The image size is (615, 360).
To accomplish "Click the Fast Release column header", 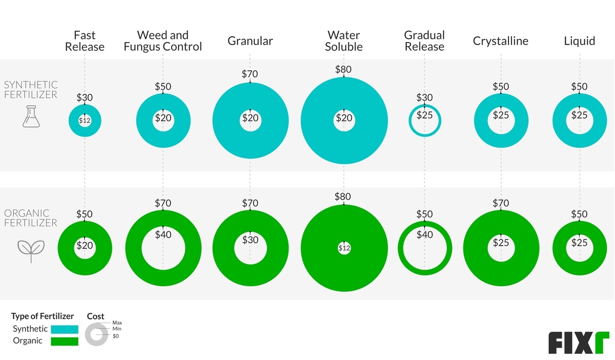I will (x=85, y=41).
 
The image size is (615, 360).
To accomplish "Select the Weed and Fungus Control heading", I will (x=163, y=41).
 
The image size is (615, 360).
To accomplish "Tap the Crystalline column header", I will (x=501, y=41).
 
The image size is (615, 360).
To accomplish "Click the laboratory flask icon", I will (x=31, y=117).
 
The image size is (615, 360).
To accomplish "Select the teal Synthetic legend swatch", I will (x=65, y=329).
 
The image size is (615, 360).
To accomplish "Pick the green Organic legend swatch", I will (x=65, y=341).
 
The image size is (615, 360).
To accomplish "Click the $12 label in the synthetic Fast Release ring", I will (x=85, y=121).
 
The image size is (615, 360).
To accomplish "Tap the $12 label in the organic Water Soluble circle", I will (x=344, y=249).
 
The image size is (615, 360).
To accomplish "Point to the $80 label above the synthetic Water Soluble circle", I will (x=343, y=70).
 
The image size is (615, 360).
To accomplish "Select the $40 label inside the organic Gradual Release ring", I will (x=424, y=235).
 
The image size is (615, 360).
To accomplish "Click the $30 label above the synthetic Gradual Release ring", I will (x=424, y=97).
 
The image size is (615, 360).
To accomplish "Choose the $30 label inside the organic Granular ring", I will (x=250, y=239).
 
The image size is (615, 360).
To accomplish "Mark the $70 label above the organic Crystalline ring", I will (x=501, y=204).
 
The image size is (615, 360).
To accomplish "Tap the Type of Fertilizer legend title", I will (x=43, y=316).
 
